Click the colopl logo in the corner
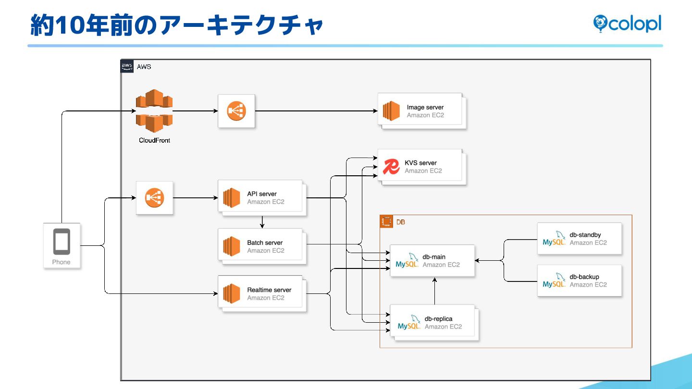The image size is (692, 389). [x=627, y=23]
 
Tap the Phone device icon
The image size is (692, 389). [x=62, y=242]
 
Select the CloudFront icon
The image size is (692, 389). [x=154, y=111]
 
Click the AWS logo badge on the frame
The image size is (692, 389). [x=127, y=66]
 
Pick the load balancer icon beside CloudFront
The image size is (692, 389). [x=236, y=111]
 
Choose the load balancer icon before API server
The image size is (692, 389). [x=154, y=197]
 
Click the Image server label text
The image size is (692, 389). [x=425, y=107]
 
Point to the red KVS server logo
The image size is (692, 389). [x=391, y=167]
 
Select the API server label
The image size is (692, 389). [x=262, y=194]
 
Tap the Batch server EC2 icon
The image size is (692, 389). [x=231, y=246]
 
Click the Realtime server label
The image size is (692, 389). [x=269, y=290]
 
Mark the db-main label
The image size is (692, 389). [x=434, y=257]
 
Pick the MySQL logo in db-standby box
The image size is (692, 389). [x=554, y=239]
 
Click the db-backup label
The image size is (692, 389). [x=584, y=277]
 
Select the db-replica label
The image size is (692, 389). [x=438, y=318]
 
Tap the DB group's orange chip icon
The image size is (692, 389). [x=385, y=222]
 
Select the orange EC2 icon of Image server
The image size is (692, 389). [x=391, y=111]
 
